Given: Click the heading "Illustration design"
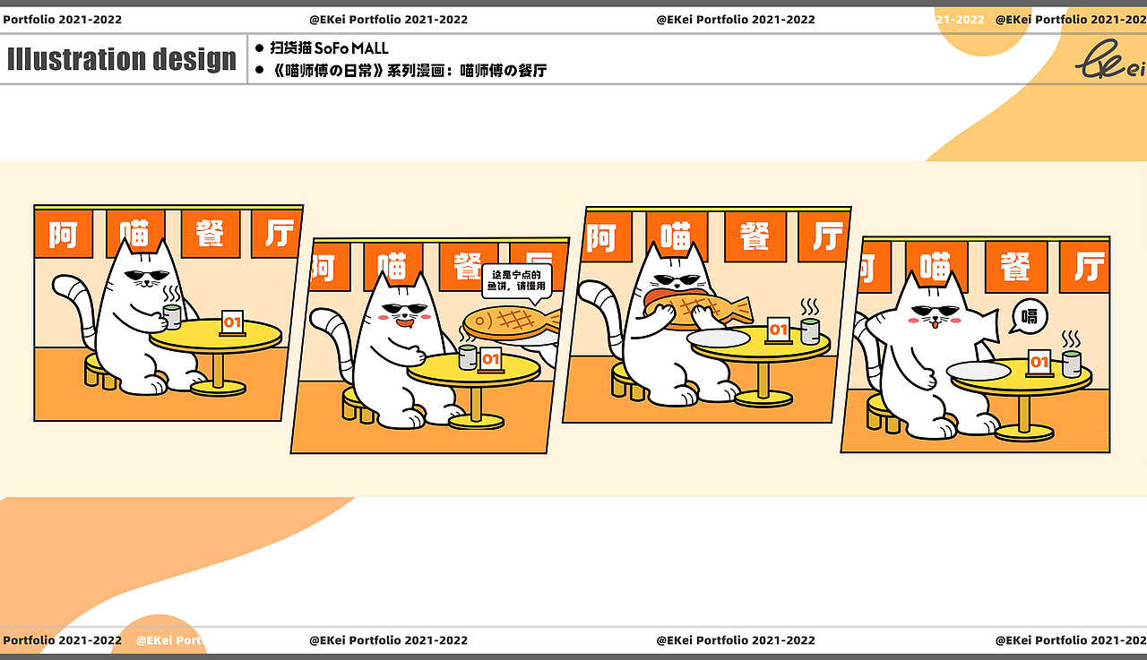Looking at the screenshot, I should (x=122, y=59).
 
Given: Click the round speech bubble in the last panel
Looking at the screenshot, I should (x=1030, y=316).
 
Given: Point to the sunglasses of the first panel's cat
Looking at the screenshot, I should (x=146, y=275).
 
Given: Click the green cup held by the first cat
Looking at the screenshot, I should (x=172, y=316).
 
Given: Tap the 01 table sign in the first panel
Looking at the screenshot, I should (x=232, y=322).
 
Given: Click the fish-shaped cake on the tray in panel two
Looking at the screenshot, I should (x=506, y=321).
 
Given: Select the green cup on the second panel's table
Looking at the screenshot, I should (x=468, y=357).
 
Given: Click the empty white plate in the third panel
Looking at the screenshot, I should (x=720, y=339).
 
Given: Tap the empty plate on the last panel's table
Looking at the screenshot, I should (x=978, y=371).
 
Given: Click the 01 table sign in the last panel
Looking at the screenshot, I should (x=1039, y=363).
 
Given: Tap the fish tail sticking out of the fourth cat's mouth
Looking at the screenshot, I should (x=986, y=326).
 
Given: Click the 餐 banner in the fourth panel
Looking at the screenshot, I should (x=1015, y=267).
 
